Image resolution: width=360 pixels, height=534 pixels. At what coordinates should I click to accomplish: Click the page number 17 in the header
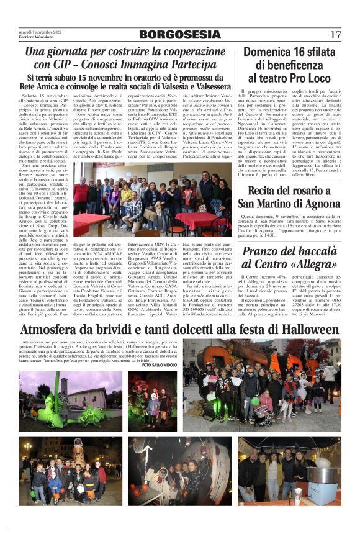pos(336,35)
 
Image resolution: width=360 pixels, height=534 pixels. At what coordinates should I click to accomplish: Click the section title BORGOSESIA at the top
pos(179,35)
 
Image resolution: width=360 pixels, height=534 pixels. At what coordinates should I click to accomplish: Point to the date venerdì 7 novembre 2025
pos(40,32)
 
